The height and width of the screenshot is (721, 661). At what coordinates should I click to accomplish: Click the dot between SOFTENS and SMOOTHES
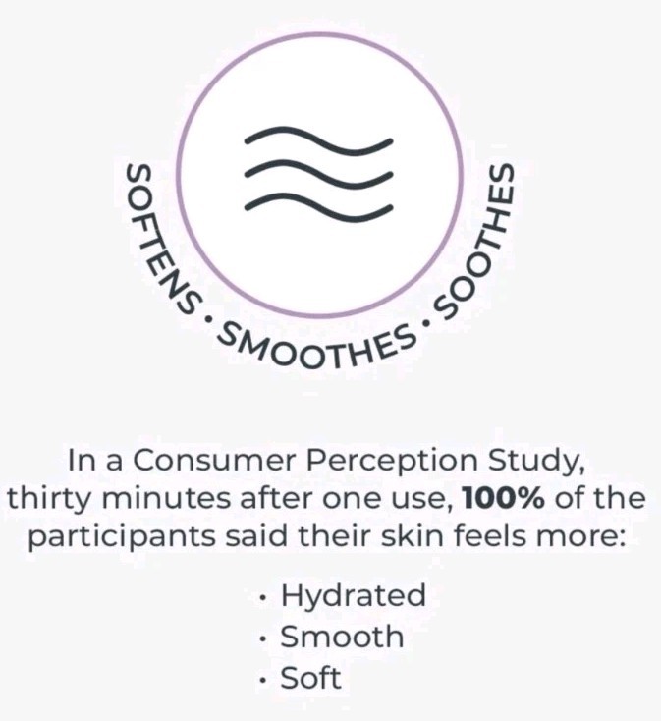209,318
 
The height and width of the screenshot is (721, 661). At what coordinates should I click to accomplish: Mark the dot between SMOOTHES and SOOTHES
425,323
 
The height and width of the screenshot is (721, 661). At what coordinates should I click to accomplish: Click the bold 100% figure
503,497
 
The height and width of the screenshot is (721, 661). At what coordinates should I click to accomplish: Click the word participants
122,538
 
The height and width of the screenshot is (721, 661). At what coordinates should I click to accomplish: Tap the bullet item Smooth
342,637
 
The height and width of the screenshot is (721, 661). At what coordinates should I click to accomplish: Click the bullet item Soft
310,678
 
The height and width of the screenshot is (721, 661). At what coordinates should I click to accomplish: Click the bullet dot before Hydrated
263,598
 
